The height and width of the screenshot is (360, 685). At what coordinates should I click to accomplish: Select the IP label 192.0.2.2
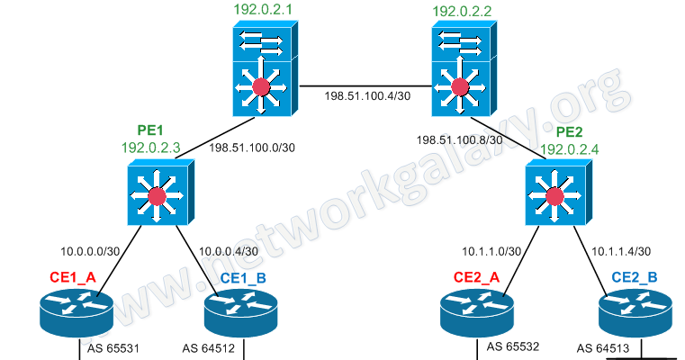462,12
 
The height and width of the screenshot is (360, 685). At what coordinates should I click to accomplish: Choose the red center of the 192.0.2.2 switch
461,87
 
